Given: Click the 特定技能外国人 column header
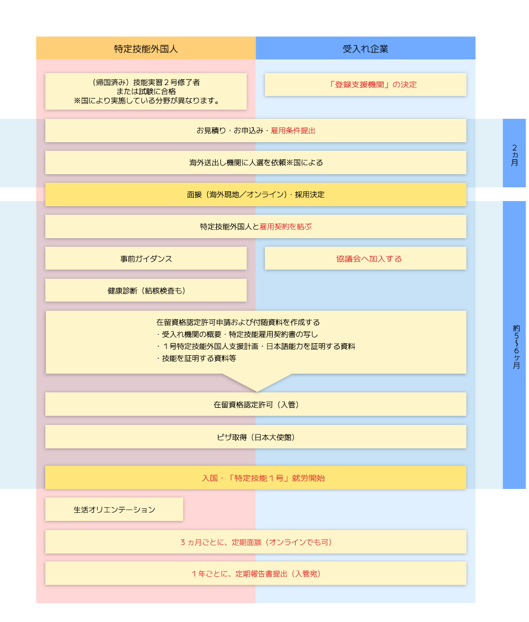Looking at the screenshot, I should click(x=146, y=49).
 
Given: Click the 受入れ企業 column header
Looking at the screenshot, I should click(x=365, y=49).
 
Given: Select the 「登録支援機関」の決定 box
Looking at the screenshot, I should click(x=365, y=85).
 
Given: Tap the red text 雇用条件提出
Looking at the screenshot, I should click(x=293, y=131).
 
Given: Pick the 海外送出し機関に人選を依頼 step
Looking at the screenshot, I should click(x=256, y=163).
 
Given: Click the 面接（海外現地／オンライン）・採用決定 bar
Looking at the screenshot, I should click(x=256, y=195).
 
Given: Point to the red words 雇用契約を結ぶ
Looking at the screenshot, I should click(x=285, y=227).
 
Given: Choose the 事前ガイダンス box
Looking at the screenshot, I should click(x=146, y=259).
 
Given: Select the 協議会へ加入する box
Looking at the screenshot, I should click(x=365, y=259).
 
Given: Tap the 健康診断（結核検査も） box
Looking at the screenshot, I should click(x=146, y=291).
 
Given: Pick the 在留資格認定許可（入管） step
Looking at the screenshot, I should click(x=256, y=405).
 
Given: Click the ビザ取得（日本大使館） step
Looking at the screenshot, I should click(x=256, y=437).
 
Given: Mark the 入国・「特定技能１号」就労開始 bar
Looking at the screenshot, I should click(x=256, y=478).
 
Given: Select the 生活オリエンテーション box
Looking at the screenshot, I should click(x=114, y=509).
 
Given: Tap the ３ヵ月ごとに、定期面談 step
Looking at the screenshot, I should click(x=256, y=542).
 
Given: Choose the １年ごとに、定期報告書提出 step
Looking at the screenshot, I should click(x=256, y=574).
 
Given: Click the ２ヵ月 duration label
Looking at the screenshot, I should click(x=514, y=154).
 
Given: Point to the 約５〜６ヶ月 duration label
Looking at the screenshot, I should click(x=514, y=346).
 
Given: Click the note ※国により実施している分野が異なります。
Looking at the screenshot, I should click(x=146, y=101).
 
